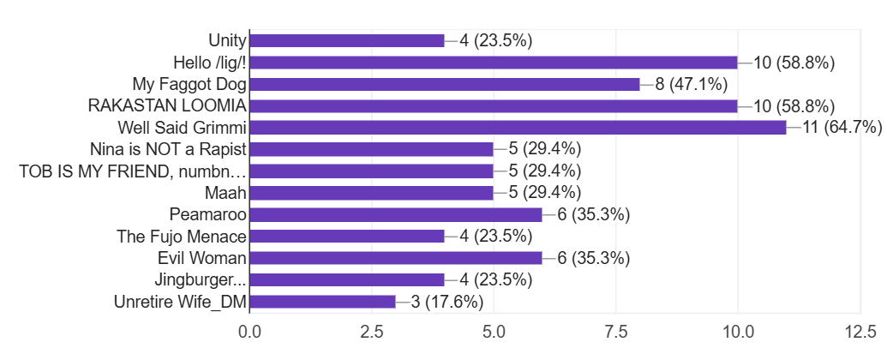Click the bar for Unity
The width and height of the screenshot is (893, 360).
(347, 40)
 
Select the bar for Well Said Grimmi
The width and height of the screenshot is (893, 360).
(518, 128)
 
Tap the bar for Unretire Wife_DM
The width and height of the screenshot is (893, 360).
(322, 302)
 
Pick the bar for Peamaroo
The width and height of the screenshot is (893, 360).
(396, 214)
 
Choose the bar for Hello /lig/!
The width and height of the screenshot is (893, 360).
(494, 63)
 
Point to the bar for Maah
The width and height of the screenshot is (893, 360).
(371, 193)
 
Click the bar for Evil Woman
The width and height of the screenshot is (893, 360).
(396, 258)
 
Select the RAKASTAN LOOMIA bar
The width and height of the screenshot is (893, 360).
(494, 105)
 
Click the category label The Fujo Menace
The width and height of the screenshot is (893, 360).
(182, 237)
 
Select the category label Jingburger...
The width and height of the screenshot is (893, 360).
(201, 280)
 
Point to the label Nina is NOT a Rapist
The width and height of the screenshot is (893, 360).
(168, 149)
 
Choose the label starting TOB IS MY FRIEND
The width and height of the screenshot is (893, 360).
(133, 171)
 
